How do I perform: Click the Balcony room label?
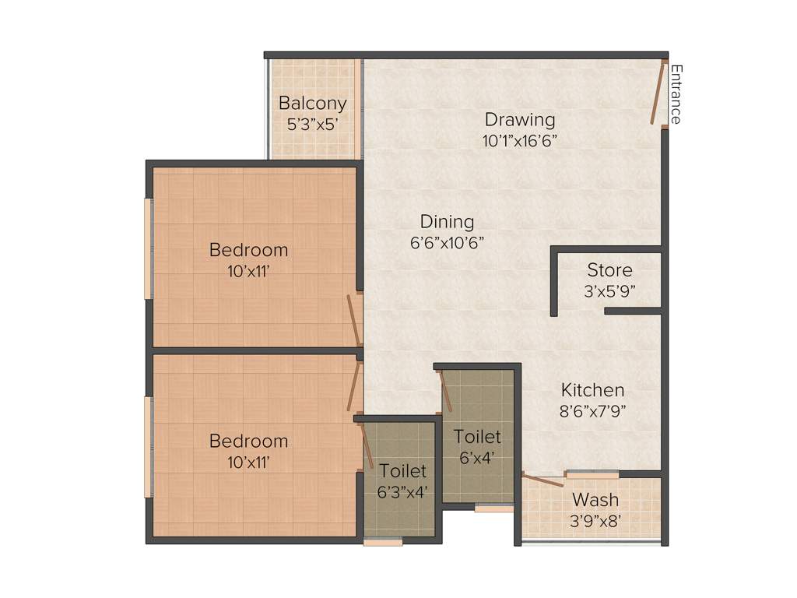312,104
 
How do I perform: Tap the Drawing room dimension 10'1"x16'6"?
519,141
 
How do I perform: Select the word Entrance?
676,94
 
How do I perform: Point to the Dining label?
447,222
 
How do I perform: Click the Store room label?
609,271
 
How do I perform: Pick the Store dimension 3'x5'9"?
609,291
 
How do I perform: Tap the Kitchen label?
592,390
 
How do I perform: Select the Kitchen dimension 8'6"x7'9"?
592,411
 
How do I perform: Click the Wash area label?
595,500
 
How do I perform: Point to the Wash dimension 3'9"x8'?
595,519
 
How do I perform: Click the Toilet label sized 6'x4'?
477,437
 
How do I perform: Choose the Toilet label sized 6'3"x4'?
402,471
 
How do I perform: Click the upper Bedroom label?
248,250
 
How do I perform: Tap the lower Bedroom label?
248,441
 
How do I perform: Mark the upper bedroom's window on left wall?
148,248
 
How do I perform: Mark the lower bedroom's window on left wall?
148,447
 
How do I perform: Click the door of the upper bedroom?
353,320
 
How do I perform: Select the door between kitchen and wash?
542,480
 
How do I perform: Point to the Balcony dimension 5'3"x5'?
312,124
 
